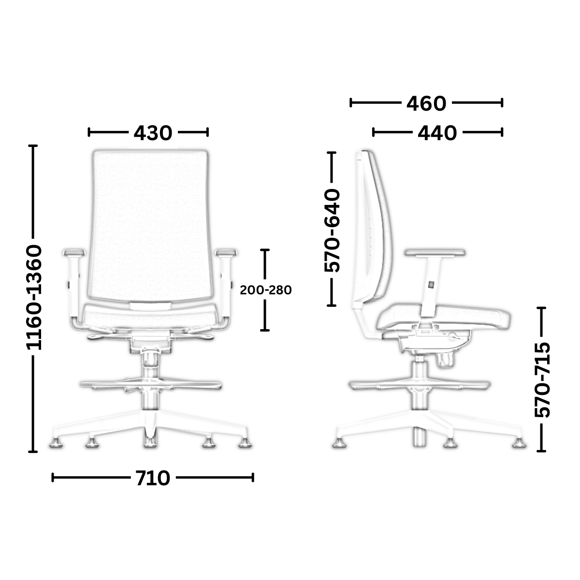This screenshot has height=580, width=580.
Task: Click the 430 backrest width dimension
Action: click(153, 133)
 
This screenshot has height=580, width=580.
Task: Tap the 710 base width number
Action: click(153, 478)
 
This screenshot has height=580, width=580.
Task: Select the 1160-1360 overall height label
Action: click(34, 297)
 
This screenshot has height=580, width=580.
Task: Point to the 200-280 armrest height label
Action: click(265, 290)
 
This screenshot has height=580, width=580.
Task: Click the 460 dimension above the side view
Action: click(426, 103)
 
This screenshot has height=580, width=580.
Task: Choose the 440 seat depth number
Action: click(437, 133)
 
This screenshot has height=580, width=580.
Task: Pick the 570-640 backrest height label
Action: click(332, 231)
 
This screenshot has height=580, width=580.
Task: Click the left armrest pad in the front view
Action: click(73, 252)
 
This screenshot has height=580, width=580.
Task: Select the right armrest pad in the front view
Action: click(226, 252)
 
